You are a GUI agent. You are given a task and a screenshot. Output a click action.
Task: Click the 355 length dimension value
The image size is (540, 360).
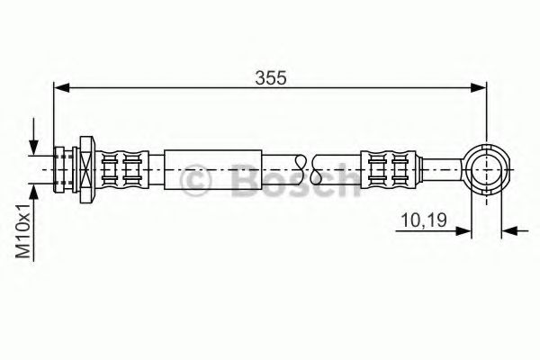tap(271, 78)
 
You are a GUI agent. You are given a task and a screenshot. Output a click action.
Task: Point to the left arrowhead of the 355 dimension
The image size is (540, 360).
tap(62, 87)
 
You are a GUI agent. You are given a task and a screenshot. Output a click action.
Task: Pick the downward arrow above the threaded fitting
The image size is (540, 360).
tap(33, 146)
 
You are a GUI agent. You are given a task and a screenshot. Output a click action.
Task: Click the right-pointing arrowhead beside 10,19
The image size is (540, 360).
tap(464, 231)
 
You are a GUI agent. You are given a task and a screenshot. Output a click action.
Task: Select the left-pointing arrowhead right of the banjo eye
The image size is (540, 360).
tap(510, 231)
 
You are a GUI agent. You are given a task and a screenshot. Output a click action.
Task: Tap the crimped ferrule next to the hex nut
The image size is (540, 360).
tap(121, 168)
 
